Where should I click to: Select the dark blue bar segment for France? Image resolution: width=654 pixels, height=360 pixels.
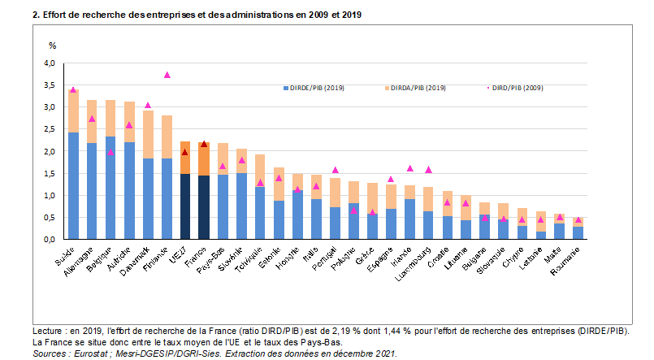tap(204, 207)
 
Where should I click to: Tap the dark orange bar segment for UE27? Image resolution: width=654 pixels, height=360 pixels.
tap(185, 158)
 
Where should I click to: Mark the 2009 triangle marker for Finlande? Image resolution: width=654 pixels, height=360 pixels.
tap(167, 75)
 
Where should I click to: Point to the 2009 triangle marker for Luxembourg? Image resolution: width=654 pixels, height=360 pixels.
tap(428, 170)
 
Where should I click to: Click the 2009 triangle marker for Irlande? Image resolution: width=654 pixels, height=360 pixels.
tap(409, 169)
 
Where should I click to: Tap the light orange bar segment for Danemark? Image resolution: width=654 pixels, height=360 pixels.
tap(148, 134)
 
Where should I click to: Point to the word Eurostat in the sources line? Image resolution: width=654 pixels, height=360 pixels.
tap(91, 354)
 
